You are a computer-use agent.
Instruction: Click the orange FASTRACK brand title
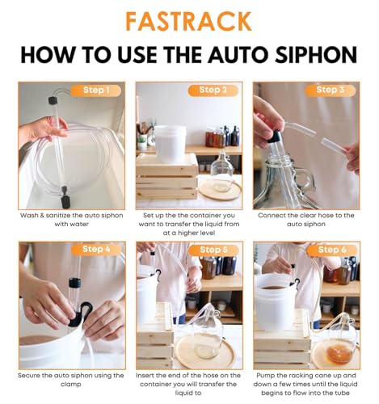coord(188,21)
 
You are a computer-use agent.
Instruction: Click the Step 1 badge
coord(96,90)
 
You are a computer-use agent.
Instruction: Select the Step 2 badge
coord(213,90)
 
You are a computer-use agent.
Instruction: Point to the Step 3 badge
coord(331,90)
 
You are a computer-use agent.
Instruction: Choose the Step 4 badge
coord(96,250)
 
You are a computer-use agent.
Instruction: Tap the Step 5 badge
coord(213,250)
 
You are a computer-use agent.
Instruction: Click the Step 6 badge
coord(331,250)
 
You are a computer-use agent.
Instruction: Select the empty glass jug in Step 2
coord(221,172)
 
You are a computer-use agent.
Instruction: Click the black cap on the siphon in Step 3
coord(275,137)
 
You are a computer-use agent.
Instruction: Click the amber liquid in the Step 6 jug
coord(339,353)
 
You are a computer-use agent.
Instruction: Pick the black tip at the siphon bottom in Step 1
coord(65,202)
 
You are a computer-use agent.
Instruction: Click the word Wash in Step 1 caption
coord(28,216)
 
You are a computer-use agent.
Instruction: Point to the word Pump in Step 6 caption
coord(265,376)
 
